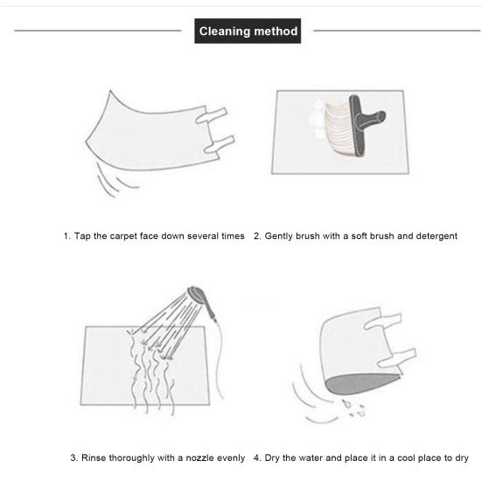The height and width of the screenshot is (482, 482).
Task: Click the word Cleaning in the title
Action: click(x=225, y=31)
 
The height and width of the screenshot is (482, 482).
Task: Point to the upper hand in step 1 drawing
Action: click(x=212, y=115)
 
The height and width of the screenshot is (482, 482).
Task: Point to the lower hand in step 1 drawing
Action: click(x=220, y=144)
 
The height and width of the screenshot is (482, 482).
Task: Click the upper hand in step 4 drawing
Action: click(x=382, y=321)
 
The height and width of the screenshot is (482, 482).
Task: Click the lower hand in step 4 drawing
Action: click(x=397, y=358)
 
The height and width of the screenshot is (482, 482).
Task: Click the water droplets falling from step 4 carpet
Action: click(x=354, y=408)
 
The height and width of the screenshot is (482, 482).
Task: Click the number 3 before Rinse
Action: click(x=73, y=458)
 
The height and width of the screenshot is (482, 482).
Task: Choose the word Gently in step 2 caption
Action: click(x=278, y=236)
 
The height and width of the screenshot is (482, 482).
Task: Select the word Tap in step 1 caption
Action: click(x=82, y=236)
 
